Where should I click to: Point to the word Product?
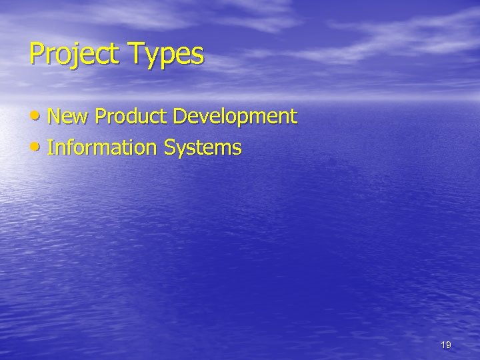[x=132, y=117]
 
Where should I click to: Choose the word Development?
[x=235, y=117]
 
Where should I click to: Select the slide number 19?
[x=446, y=345]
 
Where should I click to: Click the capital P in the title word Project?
[x=36, y=54]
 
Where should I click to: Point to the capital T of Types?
[x=136, y=53]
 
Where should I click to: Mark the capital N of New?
[x=55, y=117]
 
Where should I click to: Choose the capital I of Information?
[x=51, y=147]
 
